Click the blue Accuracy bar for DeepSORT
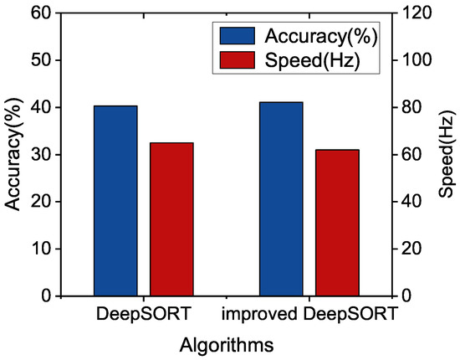click(x=116, y=201)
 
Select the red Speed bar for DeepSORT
click(x=171, y=219)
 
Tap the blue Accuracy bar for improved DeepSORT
click(x=281, y=199)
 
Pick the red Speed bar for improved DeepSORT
click(x=337, y=223)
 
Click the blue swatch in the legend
click(x=238, y=36)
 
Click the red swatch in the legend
click(x=238, y=59)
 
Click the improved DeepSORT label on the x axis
click(x=309, y=315)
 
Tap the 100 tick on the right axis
click(x=418, y=60)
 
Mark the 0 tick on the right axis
click(x=410, y=296)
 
